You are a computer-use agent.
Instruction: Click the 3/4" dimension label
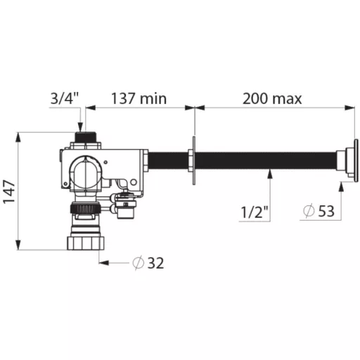click(x=65, y=98)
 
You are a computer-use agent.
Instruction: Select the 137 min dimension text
click(x=139, y=98)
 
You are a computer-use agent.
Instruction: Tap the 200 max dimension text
click(x=272, y=98)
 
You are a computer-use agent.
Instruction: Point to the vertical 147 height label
click(x=9, y=192)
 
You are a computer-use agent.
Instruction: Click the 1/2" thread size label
click(x=255, y=212)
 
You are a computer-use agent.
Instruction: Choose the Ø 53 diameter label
click(x=319, y=211)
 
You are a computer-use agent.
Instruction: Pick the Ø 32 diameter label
click(x=148, y=263)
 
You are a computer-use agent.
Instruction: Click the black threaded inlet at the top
click(x=86, y=136)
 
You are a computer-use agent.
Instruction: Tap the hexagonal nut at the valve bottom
click(x=86, y=243)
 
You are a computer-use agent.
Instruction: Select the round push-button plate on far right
click(x=356, y=160)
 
